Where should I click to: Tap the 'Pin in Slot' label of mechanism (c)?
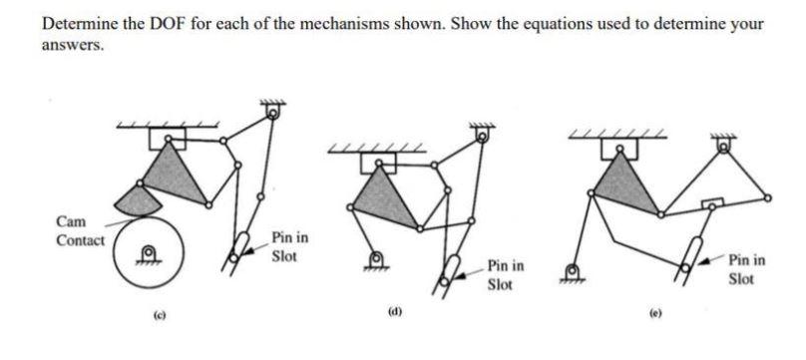[x=289, y=246]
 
